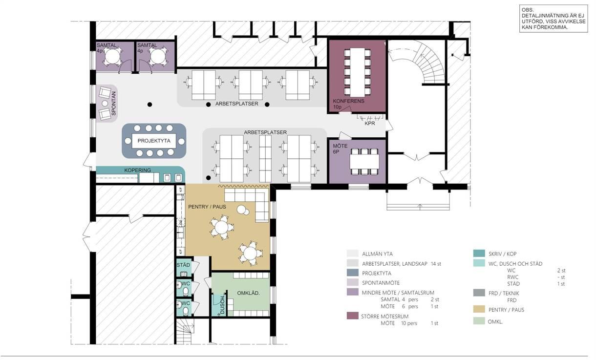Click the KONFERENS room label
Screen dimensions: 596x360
(348, 101)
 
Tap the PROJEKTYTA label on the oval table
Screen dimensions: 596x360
(154, 141)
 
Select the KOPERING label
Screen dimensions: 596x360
(138, 170)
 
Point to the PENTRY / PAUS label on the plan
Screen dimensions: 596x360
(207, 207)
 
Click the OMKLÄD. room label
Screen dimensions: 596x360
(248, 293)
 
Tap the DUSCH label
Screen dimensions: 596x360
(222, 305)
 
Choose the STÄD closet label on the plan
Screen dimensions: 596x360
(183, 265)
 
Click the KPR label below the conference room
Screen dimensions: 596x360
(370, 124)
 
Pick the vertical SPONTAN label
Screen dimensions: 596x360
(114, 104)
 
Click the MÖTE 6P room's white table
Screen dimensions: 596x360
(364, 162)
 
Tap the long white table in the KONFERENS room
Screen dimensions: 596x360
(357, 72)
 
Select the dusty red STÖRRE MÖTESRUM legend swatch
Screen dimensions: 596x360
(353, 316)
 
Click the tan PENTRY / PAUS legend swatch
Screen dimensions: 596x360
(479, 309)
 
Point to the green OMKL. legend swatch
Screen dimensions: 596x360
(479, 321)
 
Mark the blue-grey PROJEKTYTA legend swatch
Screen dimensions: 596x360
(353, 273)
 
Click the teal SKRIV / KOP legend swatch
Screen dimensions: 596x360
(479, 254)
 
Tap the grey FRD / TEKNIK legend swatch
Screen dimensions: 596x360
(479, 293)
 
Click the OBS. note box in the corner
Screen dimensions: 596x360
(553, 19)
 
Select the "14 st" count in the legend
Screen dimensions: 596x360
(436, 264)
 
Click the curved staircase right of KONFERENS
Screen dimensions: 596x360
(426, 64)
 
